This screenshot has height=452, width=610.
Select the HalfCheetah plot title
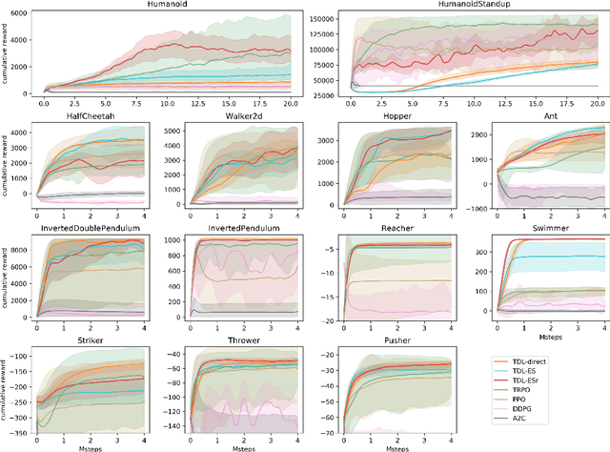coord(92,117)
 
